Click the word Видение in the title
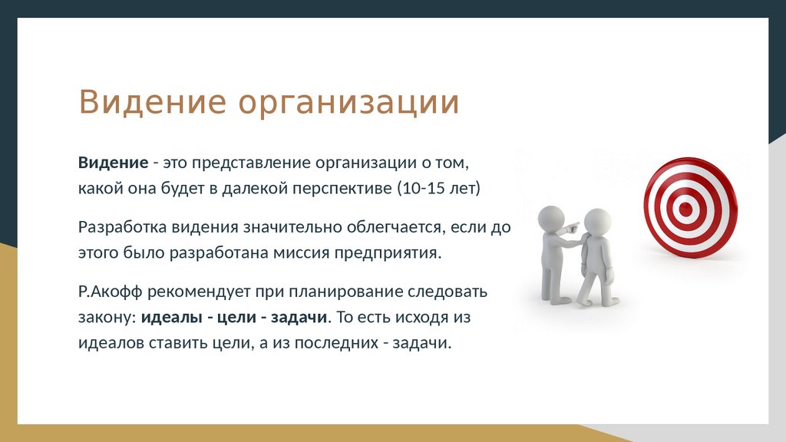point(153,102)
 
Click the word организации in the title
point(349,104)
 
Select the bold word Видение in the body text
point(114,163)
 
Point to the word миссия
point(301,252)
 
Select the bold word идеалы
point(171,318)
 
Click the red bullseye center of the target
point(685,209)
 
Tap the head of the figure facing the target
point(597,222)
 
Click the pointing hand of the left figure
point(572,228)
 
